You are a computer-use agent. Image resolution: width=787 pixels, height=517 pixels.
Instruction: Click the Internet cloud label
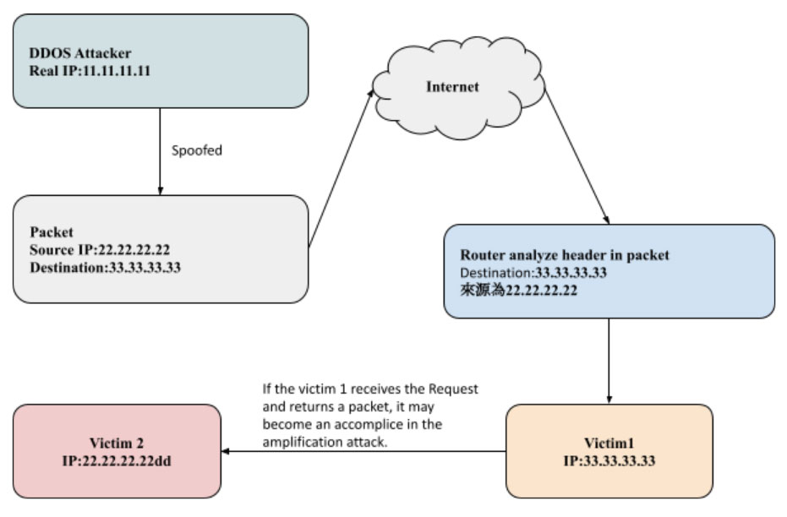[x=451, y=87]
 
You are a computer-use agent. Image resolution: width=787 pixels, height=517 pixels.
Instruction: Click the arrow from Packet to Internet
[x=342, y=166]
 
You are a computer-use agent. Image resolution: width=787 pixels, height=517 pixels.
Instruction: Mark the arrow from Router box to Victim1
[x=609, y=359]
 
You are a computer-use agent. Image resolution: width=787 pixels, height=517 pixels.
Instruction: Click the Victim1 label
[x=609, y=443]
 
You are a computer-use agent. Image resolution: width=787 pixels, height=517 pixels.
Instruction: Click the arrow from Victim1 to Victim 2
[x=363, y=451]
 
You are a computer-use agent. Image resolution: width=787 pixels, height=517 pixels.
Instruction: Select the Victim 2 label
[x=116, y=443]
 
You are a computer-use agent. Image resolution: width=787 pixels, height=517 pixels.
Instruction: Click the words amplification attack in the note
[x=325, y=442]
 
